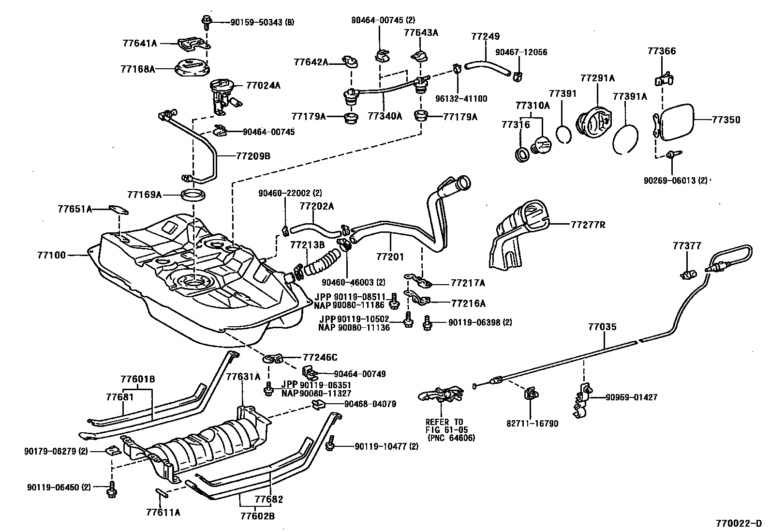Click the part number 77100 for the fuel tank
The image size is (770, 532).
tap(51, 255)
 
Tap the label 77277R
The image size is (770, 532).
tap(588, 225)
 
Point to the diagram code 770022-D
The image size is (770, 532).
tap(739, 524)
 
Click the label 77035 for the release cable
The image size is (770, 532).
tap(602, 327)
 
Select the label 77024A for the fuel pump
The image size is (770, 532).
tap(263, 86)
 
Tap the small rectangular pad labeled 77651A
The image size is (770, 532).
tap(118, 210)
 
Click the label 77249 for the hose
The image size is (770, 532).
tap(486, 37)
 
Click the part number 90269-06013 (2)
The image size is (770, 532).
tap(675, 181)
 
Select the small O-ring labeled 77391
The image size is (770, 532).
tap(563, 134)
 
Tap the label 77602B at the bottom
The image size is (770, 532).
tap(257, 516)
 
